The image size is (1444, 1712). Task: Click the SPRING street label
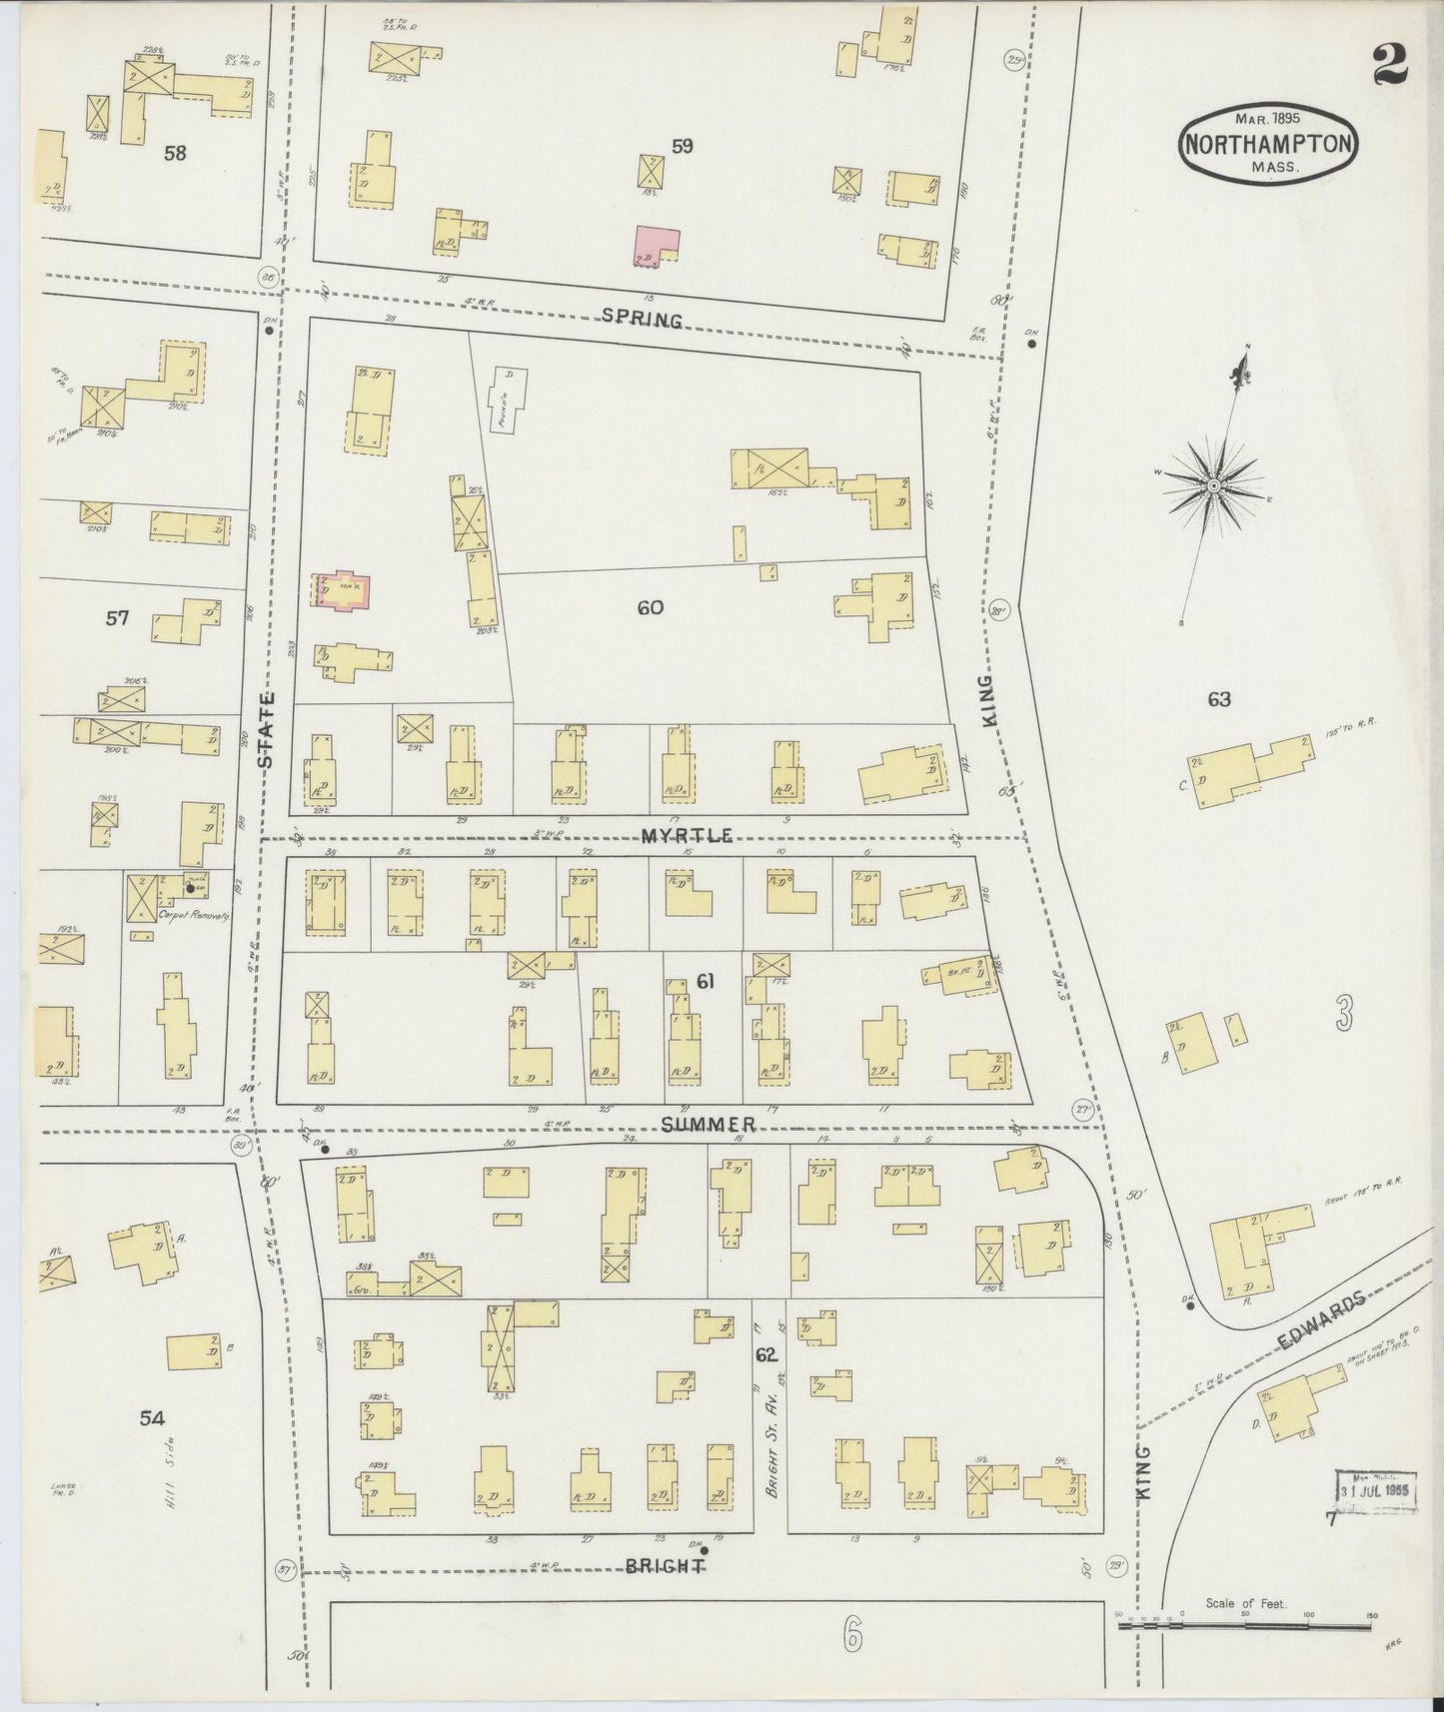[643, 319]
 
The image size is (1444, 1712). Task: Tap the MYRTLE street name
[689, 835]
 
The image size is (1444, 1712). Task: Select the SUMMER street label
[709, 1125]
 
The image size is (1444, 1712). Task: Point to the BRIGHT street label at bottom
[665, 1566]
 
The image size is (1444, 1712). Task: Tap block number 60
[650, 606]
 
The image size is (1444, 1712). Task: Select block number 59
[683, 146]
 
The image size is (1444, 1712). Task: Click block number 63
[1218, 699]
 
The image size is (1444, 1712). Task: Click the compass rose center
[1213, 486]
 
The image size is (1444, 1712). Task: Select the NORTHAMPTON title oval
[1268, 143]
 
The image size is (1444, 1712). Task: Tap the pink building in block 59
[656, 246]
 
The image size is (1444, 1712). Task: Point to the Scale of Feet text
[1245, 1604]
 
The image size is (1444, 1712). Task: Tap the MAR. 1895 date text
[1266, 117]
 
